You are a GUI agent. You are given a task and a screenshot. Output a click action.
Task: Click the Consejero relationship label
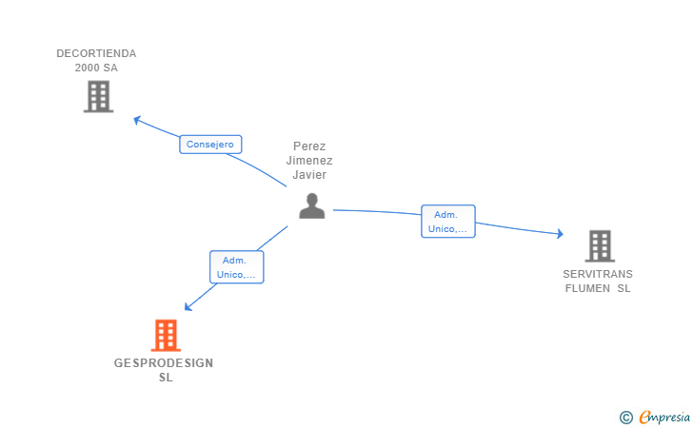pyautogui.click(x=210, y=145)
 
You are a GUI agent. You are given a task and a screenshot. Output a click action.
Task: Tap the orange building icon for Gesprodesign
pyautogui.click(x=166, y=335)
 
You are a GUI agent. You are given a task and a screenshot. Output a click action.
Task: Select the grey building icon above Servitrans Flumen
pyautogui.click(x=600, y=246)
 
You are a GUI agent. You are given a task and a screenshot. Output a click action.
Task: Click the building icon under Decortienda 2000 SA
pyautogui.click(x=99, y=96)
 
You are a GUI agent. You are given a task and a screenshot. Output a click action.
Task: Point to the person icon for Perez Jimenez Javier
pyautogui.click(x=312, y=205)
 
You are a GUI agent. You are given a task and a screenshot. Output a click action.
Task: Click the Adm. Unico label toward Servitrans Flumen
pyautogui.click(x=448, y=222)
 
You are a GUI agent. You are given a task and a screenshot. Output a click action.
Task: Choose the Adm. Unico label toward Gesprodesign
pyautogui.click(x=236, y=267)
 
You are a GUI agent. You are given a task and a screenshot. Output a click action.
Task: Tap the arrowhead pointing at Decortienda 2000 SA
pyautogui.click(x=137, y=119)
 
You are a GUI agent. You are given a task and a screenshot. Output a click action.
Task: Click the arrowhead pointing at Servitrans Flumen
pyautogui.click(x=560, y=234)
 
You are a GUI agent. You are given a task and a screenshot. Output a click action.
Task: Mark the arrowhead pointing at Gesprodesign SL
pyautogui.click(x=188, y=307)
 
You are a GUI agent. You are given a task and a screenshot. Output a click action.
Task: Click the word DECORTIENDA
pyautogui.click(x=96, y=53)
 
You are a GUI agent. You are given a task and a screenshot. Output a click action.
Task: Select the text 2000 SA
pyautogui.click(x=96, y=68)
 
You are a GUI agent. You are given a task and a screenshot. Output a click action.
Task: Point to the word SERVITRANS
pyautogui.click(x=598, y=274)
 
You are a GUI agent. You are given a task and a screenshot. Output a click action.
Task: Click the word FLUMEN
pyautogui.click(x=588, y=288)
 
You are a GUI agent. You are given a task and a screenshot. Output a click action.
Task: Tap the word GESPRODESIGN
pyautogui.click(x=164, y=363)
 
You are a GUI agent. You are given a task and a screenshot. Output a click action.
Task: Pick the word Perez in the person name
pyautogui.click(x=309, y=146)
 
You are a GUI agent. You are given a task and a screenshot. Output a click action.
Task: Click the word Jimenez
pyautogui.click(x=309, y=161)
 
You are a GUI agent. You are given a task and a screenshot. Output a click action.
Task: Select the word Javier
pyautogui.click(x=309, y=175)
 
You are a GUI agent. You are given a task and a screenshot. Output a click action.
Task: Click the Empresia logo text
pyautogui.click(x=664, y=417)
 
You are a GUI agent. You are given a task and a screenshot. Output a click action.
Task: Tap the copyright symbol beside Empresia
pyautogui.click(x=626, y=418)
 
